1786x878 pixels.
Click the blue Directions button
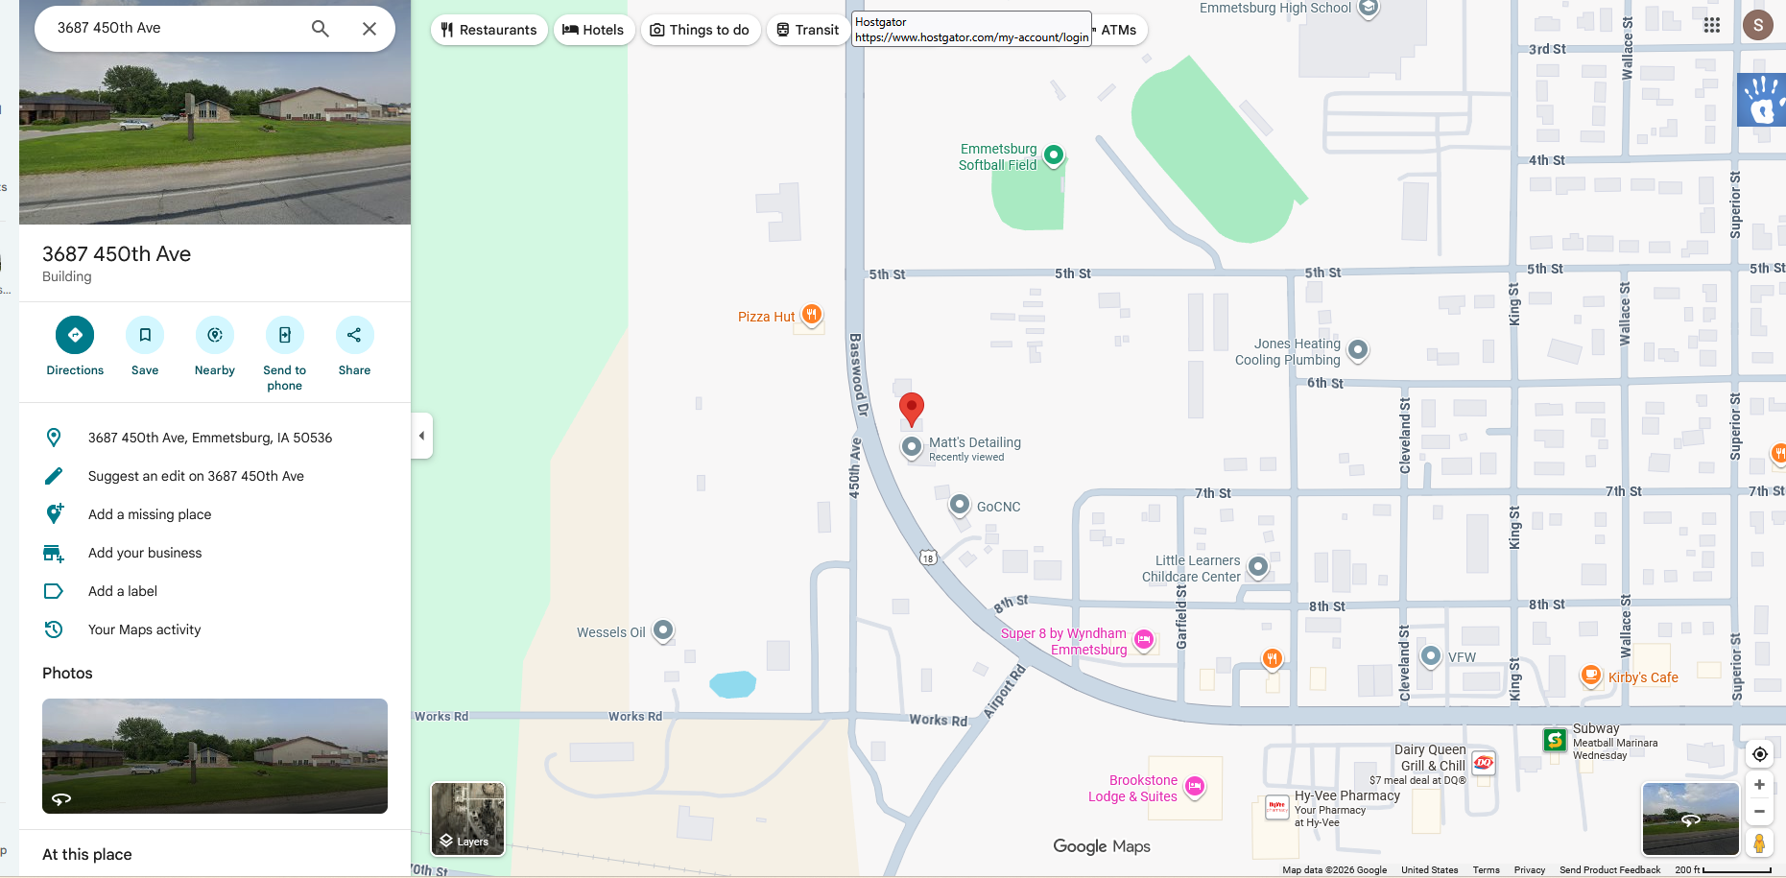pyautogui.click(x=75, y=335)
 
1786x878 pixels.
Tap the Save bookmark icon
pyautogui.click(x=145, y=335)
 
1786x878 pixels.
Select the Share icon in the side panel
pyautogui.click(x=354, y=335)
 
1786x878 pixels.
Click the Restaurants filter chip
pyautogui.click(x=489, y=30)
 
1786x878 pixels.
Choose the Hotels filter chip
pyautogui.click(x=593, y=30)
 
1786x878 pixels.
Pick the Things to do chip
pyautogui.click(x=700, y=30)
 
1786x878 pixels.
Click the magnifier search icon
pyautogui.click(x=321, y=29)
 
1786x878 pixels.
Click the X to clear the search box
pyautogui.click(x=369, y=29)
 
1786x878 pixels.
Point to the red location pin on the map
pyautogui.click(x=911, y=408)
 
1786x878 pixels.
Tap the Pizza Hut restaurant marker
pyautogui.click(x=811, y=314)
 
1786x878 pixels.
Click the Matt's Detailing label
pyautogui.click(x=974, y=443)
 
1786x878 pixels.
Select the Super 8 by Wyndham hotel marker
pyautogui.click(x=1143, y=640)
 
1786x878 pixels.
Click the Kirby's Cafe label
pyautogui.click(x=1643, y=677)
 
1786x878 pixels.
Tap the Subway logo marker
pyautogui.click(x=1555, y=740)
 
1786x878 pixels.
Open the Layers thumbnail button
pyautogui.click(x=467, y=819)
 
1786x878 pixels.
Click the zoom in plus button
pyautogui.click(x=1759, y=785)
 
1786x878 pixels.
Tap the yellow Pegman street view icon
pyautogui.click(x=1759, y=843)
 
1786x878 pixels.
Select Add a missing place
pyautogui.click(x=150, y=514)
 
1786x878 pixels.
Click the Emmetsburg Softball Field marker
pyautogui.click(x=1053, y=154)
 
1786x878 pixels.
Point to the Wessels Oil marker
pyautogui.click(x=663, y=630)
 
